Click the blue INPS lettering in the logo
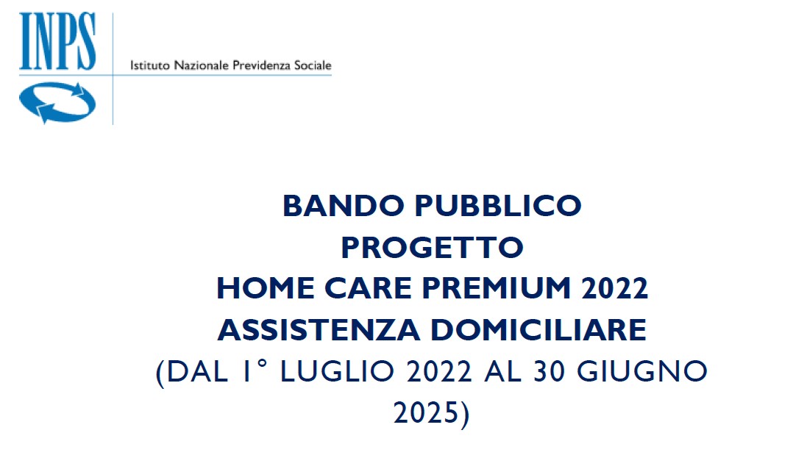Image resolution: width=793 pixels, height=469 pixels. [57, 41]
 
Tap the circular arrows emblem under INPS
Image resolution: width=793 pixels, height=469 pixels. [57, 103]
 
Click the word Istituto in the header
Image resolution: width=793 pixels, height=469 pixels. [150, 65]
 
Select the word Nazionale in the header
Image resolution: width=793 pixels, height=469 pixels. [202, 65]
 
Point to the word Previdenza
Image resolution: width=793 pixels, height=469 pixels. [261, 65]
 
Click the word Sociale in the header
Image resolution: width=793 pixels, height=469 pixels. [313, 65]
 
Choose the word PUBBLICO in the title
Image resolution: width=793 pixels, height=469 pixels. [498, 206]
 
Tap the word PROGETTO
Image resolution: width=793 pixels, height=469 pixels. [433, 247]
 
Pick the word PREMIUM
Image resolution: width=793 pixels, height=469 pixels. [497, 289]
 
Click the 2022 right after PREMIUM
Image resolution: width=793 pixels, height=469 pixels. [615, 289]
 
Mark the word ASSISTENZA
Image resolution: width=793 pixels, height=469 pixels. [319, 330]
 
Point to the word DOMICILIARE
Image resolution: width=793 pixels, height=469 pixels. [538, 330]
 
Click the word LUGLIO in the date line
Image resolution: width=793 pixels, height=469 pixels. [338, 371]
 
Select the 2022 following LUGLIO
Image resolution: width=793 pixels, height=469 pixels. [439, 371]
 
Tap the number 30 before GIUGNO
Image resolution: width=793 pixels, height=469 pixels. [550, 371]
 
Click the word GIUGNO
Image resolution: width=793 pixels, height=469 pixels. [642, 371]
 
